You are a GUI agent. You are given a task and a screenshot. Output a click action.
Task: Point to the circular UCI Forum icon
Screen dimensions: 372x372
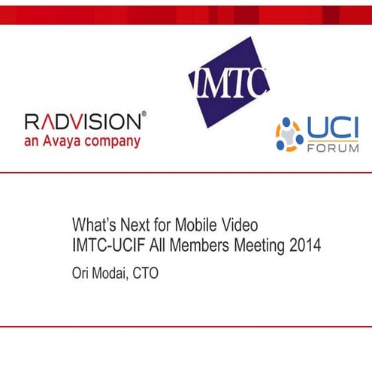[289, 135]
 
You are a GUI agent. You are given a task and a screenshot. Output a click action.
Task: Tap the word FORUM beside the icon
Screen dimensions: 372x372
[334, 147]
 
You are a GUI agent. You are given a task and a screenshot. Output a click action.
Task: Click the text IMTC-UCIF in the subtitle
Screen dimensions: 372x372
[107, 245]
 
